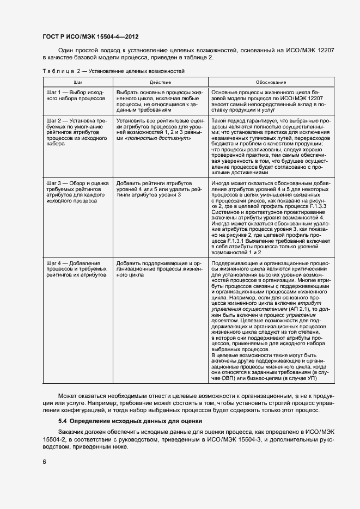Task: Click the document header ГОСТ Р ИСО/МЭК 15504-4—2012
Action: click(x=90, y=37)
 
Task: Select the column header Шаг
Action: click(x=78, y=82)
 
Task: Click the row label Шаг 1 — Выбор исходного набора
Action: click(x=76, y=96)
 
